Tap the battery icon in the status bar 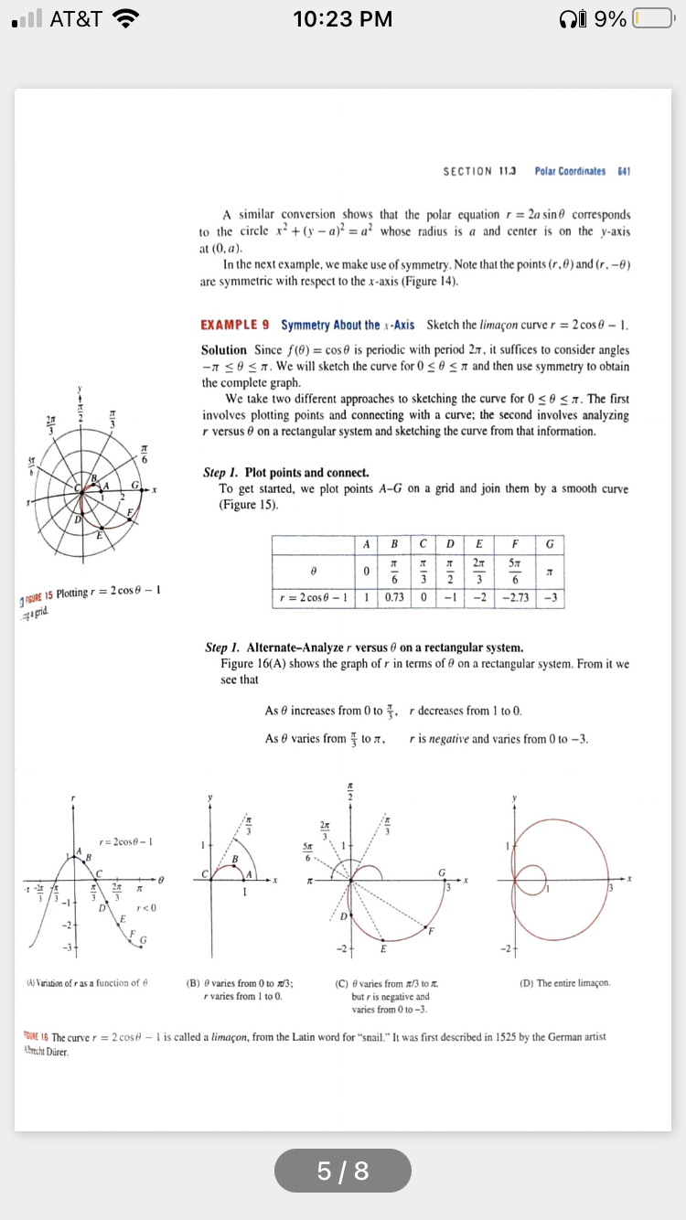pyautogui.click(x=653, y=19)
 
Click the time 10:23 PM pyautogui.click(x=343, y=19)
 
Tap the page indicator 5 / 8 pyautogui.click(x=343, y=1171)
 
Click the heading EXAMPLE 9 pyautogui.click(x=235, y=326)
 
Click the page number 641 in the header pyautogui.click(x=627, y=171)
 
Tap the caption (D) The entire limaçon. pyautogui.click(x=564, y=958)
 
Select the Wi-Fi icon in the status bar pyautogui.click(x=123, y=19)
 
